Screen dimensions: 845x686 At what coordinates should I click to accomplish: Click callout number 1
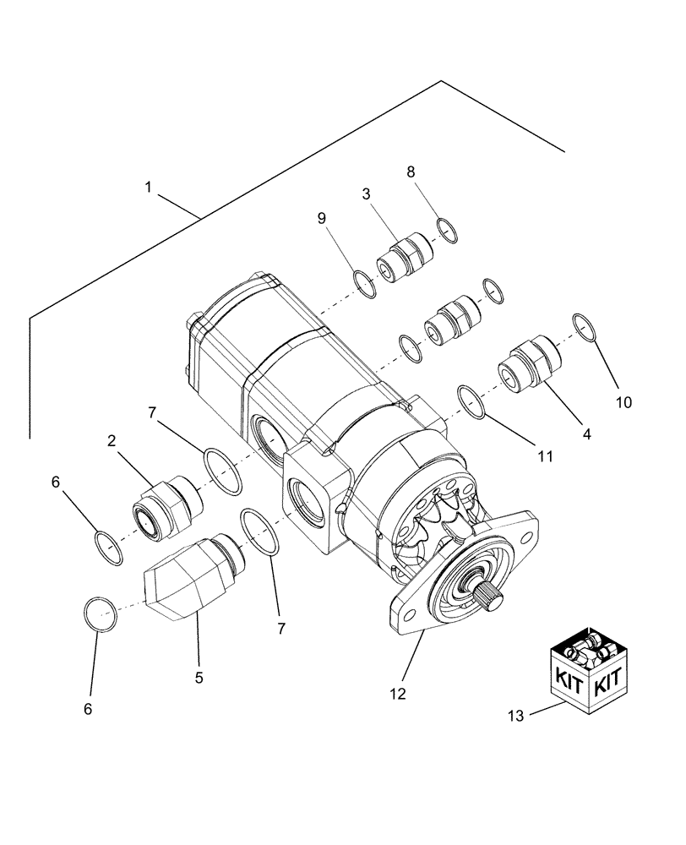(x=148, y=188)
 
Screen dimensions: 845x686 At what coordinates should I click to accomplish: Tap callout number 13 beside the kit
(x=516, y=716)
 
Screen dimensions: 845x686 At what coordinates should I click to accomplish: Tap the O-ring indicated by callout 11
(x=472, y=401)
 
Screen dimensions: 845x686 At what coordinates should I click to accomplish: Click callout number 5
(x=199, y=677)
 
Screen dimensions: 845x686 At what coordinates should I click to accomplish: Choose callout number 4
(x=586, y=433)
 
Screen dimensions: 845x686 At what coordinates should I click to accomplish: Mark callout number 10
(x=623, y=402)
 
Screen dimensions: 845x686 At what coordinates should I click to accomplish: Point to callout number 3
(x=367, y=194)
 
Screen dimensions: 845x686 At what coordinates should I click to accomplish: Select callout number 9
(x=322, y=218)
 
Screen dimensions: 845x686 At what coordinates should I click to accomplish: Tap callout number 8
(x=411, y=172)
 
